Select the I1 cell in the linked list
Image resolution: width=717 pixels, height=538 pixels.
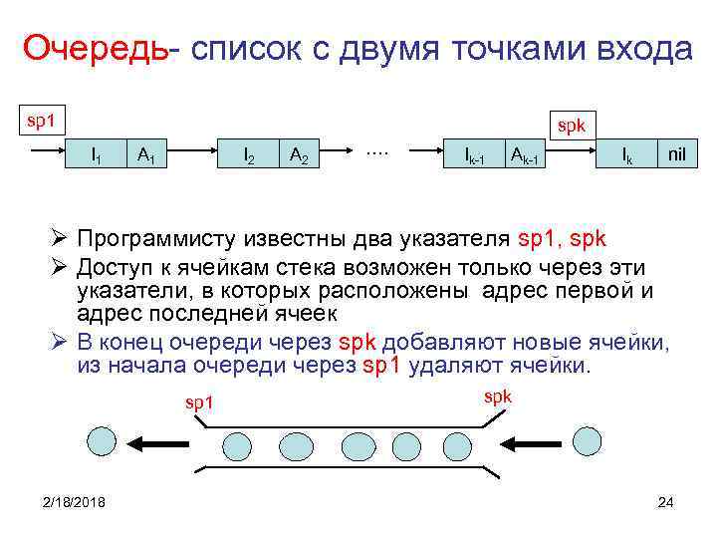(95, 154)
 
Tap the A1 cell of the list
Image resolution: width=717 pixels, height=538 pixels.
(145, 154)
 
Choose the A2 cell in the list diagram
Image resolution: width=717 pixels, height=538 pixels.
(298, 154)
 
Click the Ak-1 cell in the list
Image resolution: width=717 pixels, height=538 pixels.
(526, 154)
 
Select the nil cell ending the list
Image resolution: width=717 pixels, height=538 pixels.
(678, 154)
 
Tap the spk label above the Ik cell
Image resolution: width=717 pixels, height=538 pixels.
(572, 128)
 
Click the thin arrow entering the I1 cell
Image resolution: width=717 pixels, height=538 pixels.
(49, 154)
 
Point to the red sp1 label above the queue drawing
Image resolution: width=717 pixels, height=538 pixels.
(197, 403)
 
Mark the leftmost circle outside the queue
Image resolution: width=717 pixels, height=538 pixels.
(103, 443)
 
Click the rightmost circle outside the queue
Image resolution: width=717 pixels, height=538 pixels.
(588, 443)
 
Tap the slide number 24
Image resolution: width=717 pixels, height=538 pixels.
(666, 501)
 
